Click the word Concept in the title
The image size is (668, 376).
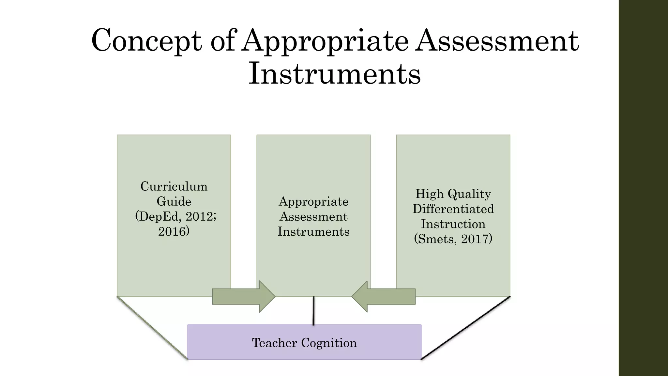coord(146,41)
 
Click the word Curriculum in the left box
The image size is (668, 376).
coord(174,186)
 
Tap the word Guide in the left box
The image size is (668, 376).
coord(174,201)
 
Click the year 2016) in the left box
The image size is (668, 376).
coord(174,231)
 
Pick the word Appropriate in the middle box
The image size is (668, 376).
coord(313,201)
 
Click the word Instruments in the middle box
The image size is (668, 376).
coord(313,231)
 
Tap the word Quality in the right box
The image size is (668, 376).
coord(469,194)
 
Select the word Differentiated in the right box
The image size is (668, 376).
coord(453,209)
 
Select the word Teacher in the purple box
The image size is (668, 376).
coord(275,343)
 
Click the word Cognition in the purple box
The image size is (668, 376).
coord(329,343)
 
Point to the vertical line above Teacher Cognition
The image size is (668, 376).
coord(313,311)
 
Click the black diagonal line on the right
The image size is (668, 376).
coord(466,328)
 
